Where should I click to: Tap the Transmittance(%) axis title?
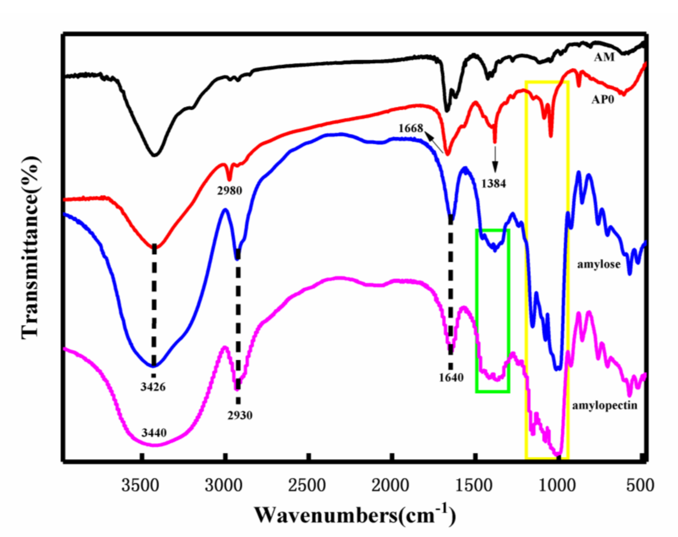tap(31, 248)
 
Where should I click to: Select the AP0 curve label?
tap(603, 100)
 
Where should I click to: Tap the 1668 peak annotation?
tap(411, 128)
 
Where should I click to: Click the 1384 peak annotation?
tap(493, 184)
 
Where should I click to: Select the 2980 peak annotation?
tap(229, 190)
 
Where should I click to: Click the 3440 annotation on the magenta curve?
tap(154, 433)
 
